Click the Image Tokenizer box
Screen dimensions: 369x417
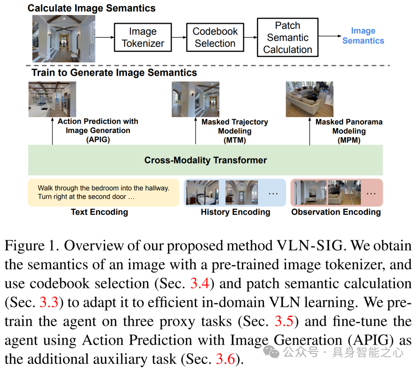[x=143, y=37]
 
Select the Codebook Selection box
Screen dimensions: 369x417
[x=215, y=37]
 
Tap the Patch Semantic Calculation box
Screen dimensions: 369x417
[x=288, y=37]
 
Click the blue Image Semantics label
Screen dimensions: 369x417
[x=363, y=36]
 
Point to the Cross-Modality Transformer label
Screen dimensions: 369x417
[x=205, y=160]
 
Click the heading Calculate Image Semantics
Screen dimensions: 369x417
[x=92, y=8]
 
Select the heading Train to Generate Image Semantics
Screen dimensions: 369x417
[x=114, y=73]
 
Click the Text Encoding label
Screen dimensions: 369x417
[x=99, y=212]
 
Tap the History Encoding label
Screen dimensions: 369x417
[x=235, y=212]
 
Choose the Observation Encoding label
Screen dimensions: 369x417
[x=336, y=212]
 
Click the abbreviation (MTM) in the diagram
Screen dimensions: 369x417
[x=235, y=140]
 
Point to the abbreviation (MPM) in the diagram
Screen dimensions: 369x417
[x=349, y=140]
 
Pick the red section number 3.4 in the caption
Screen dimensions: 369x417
[x=200, y=284]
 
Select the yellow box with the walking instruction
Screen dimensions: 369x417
[x=103, y=192]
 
